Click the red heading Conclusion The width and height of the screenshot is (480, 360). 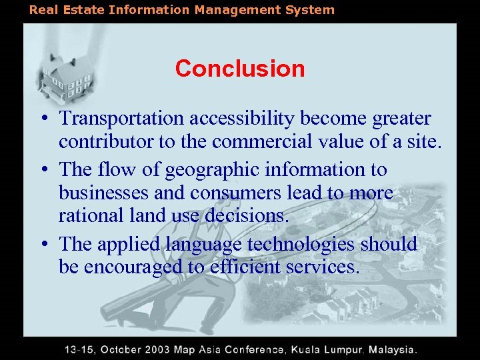coord(240,68)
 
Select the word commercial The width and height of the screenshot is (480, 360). coord(281,141)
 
